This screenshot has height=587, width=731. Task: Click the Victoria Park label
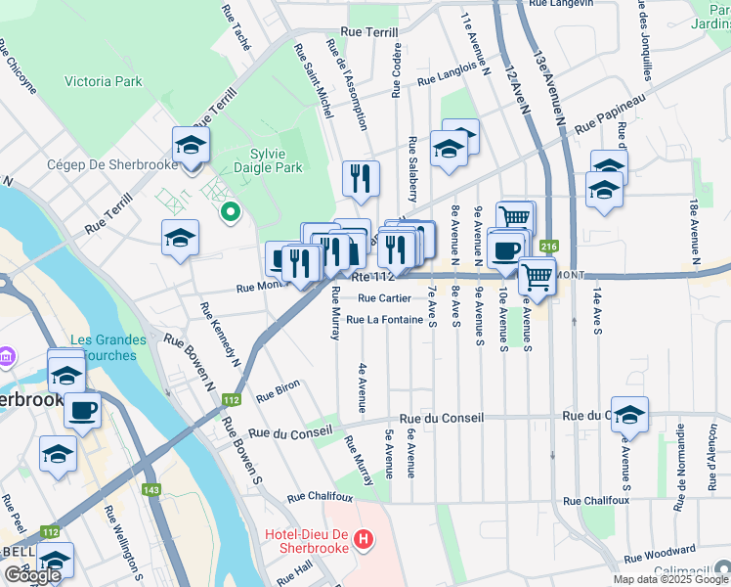(x=101, y=82)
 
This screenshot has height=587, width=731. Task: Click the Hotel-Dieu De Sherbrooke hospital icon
(x=364, y=537)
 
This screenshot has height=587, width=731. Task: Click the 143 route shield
(x=150, y=490)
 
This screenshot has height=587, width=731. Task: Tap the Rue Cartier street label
(x=384, y=298)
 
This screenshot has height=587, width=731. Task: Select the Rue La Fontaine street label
(x=384, y=319)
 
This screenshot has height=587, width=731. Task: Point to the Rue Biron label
(x=278, y=393)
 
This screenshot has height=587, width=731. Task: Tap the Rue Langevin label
(x=560, y=4)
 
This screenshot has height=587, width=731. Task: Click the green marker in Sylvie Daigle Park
(x=231, y=210)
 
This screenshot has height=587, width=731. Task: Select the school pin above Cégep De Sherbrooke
(x=192, y=147)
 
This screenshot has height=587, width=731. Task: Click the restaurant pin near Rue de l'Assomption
(x=361, y=179)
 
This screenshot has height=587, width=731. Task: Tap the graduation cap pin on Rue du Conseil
(x=629, y=416)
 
